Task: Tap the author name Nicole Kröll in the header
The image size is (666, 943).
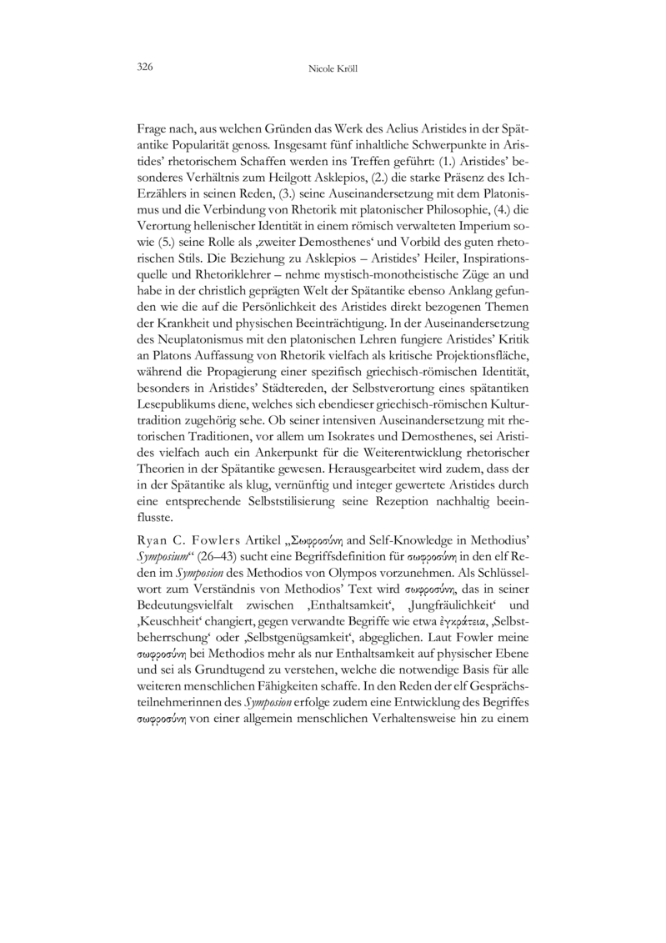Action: [x=333, y=67]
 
